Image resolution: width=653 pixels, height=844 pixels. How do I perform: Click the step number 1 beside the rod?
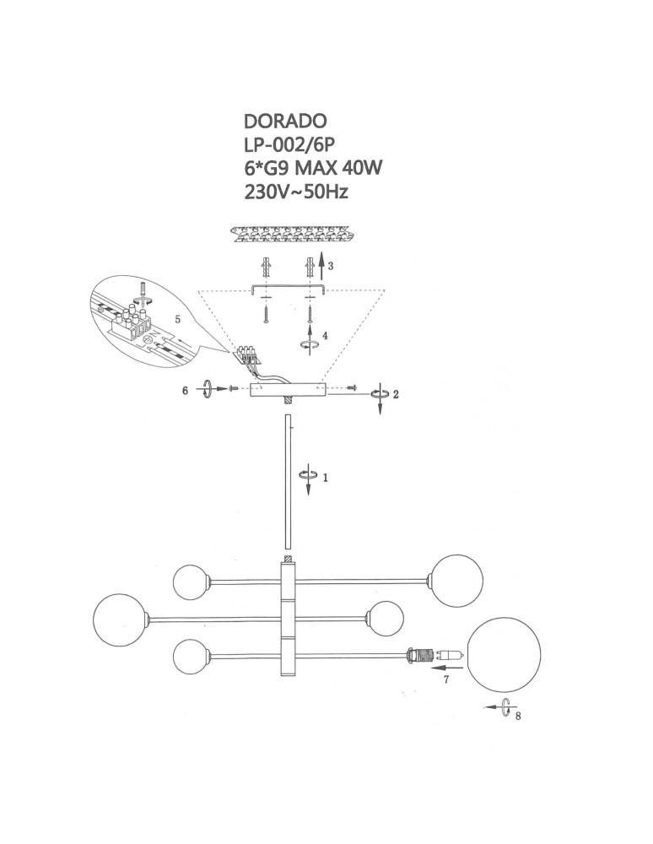click(x=325, y=477)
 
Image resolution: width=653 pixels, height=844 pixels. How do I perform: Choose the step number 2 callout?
click(x=396, y=394)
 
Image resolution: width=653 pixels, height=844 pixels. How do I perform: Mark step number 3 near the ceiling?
click(x=332, y=266)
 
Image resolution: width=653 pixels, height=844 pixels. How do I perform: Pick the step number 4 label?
click(x=326, y=335)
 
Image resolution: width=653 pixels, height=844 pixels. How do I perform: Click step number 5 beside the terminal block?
click(x=177, y=319)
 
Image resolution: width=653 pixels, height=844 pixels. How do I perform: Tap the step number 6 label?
click(x=186, y=390)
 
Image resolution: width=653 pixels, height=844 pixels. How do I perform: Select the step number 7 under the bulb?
click(x=447, y=679)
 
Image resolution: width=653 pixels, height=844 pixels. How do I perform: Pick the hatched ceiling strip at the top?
click(x=291, y=231)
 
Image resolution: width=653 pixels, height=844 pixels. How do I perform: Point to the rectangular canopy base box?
click(x=287, y=391)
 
